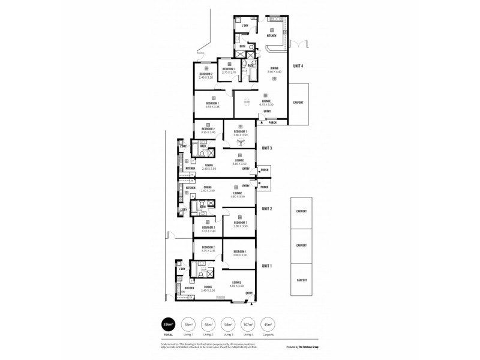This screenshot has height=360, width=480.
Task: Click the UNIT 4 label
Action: point(298,66)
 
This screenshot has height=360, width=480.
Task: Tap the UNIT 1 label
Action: point(267,265)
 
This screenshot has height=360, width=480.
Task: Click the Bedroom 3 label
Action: point(229,69)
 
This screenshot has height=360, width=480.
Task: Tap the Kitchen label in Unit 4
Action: point(271,35)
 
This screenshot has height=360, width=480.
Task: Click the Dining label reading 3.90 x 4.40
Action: point(274,69)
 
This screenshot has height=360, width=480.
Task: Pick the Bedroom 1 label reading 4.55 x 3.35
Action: point(212,104)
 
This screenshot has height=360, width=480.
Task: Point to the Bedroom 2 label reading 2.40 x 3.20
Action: point(206,74)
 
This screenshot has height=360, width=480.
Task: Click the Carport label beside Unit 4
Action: point(298,103)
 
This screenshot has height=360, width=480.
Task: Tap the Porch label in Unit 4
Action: point(272,123)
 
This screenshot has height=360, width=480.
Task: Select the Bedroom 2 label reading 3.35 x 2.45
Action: point(208,248)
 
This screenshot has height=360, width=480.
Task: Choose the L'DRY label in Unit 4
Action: point(245,26)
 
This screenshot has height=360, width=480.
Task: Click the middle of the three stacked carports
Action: point(301,245)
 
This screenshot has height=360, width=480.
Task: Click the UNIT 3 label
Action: point(267,148)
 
